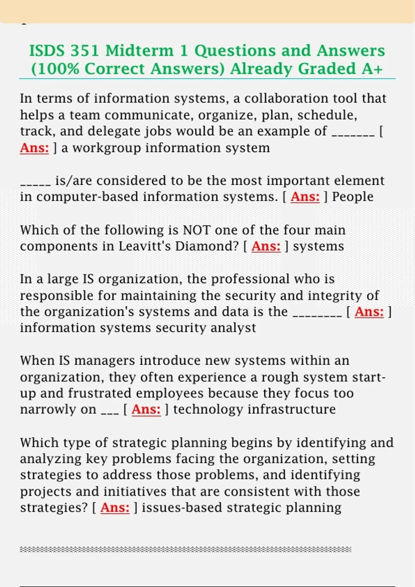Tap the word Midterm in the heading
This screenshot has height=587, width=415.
139,51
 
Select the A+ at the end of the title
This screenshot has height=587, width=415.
372,69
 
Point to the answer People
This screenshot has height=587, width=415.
353,197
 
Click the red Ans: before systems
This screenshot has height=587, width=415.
266,246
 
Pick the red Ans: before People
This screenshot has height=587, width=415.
305,197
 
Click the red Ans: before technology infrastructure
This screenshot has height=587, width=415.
146,409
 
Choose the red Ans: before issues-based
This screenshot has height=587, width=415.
115,508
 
